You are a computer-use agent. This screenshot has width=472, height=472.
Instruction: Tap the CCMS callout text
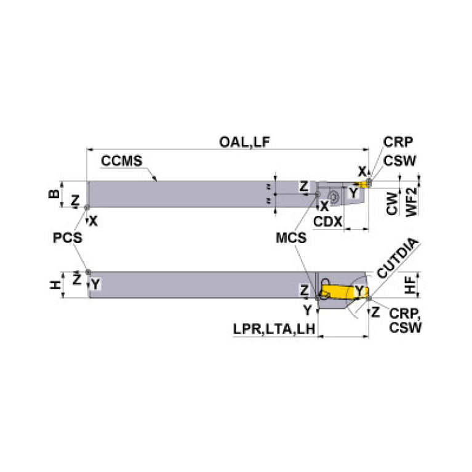coord(122,161)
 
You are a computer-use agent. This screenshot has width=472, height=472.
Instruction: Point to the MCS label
coord(290,238)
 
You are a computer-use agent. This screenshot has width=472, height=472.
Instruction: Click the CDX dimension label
coord(327,222)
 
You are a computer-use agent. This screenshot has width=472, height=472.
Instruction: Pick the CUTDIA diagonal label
coord(397,258)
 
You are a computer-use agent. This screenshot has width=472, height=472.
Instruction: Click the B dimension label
coord(54,194)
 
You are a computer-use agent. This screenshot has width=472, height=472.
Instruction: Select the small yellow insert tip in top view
coord(365,183)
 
